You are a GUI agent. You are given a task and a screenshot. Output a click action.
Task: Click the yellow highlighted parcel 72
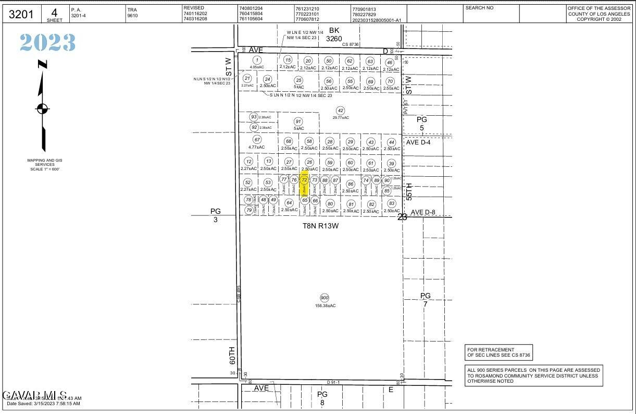[305, 184]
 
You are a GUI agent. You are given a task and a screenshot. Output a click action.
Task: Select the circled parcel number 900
[325, 298]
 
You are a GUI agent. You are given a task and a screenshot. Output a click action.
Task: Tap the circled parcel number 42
[340, 111]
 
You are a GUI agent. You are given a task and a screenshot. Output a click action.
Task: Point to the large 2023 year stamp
[48, 43]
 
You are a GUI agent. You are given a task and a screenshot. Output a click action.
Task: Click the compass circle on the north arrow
[42, 109]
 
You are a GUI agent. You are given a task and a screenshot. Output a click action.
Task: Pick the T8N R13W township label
[321, 226]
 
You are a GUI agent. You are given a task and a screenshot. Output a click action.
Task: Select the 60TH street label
[232, 355]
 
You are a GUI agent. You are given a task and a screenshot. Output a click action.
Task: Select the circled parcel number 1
[256, 60]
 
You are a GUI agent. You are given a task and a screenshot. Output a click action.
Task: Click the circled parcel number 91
[298, 121]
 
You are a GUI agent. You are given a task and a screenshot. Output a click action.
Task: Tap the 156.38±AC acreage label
[326, 306]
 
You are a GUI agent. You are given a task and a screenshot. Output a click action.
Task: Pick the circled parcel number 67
[257, 140]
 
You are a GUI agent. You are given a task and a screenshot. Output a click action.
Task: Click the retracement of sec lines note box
[498, 352]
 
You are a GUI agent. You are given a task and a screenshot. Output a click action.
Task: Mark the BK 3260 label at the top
[334, 34]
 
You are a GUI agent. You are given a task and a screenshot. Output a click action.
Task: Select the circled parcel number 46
[390, 63]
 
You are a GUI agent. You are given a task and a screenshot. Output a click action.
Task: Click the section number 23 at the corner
[402, 217]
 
